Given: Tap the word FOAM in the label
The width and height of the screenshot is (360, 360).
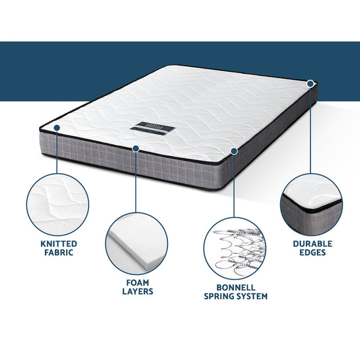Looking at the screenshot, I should pyautogui.click(x=139, y=281).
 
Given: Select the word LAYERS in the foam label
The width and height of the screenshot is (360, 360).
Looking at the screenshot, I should pyautogui.click(x=139, y=292).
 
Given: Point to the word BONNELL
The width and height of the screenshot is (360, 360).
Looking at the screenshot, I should pyautogui.click(x=235, y=286).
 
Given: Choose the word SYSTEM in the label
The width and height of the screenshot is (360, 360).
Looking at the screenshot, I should pyautogui.click(x=253, y=296).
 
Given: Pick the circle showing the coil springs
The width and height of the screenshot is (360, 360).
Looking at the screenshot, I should pyautogui.click(x=235, y=246).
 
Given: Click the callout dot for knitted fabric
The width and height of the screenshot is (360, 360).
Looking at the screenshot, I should pyautogui.click(x=56, y=128).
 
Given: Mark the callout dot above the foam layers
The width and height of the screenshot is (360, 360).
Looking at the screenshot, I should pyautogui.click(x=136, y=148).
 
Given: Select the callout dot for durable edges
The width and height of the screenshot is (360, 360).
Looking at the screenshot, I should pyautogui.click(x=311, y=83).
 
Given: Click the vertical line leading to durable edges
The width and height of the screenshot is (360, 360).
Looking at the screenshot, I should pyautogui.click(x=311, y=132).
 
